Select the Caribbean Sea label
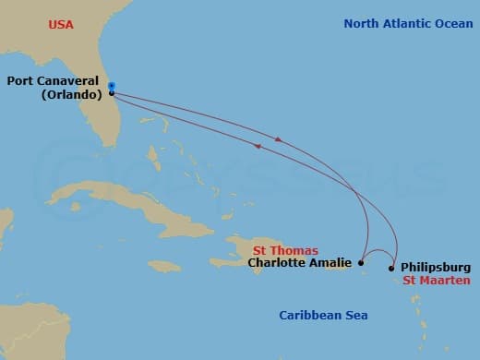click(x=323, y=316)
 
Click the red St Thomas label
click(x=285, y=250)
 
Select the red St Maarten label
click(x=437, y=280)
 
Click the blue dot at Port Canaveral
click(x=111, y=86)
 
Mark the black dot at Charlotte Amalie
click(x=362, y=263)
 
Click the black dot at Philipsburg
click(x=391, y=269)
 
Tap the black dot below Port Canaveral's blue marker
click(x=111, y=93)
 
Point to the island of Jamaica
click(x=163, y=266)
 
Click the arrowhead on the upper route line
click(x=279, y=140)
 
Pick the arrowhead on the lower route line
click(x=258, y=146)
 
